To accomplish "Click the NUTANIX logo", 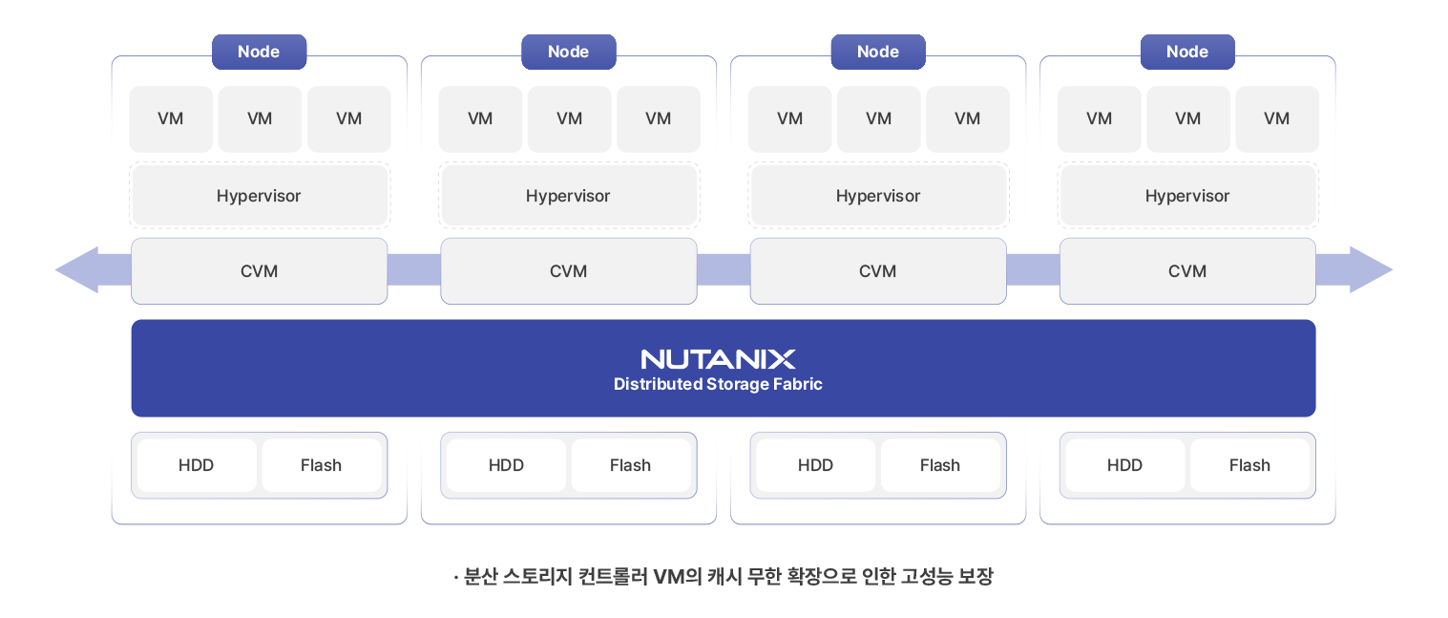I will point(718,359).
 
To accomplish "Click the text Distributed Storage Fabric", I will point(718,384).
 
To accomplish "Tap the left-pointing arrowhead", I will point(76,270).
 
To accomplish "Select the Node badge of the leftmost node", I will point(259,52).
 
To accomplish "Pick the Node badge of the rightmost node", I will point(1186,52).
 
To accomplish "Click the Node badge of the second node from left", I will point(568,52).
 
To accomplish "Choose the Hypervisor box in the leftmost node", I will point(259,196).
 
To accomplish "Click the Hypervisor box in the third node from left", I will point(877,196).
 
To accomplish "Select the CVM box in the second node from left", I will point(568,271).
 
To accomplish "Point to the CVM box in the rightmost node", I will point(1186,271).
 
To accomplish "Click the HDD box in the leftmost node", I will point(196,465).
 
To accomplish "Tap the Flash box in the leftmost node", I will point(321,465).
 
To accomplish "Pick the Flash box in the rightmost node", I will point(1249,465).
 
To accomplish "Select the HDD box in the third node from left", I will point(815,465).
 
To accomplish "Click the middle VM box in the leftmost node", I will point(260,118).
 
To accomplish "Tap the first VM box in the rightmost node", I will point(1099,118).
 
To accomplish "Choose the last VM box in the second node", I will point(658,118).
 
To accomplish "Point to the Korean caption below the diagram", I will point(724,577).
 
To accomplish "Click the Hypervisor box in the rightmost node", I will point(1186,196).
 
